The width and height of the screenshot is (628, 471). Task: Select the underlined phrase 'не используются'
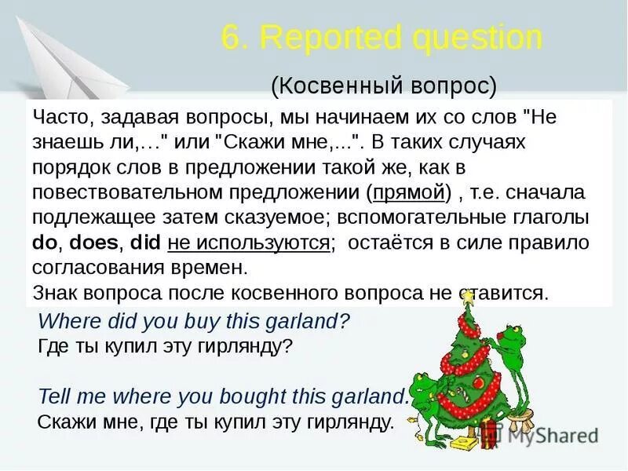tap(248, 243)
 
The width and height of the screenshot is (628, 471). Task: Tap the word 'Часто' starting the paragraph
tap(57, 118)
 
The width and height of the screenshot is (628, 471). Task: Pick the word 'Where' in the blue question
tap(64, 320)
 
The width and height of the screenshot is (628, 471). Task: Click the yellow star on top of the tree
tap(468, 297)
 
